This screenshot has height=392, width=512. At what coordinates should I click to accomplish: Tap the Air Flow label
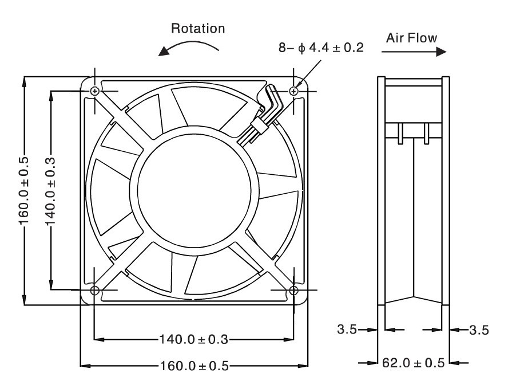pyautogui.click(x=411, y=38)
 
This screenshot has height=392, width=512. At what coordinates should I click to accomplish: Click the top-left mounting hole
pyautogui.click(x=95, y=91)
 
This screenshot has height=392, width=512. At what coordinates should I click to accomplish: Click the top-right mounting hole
pyautogui.click(x=294, y=91)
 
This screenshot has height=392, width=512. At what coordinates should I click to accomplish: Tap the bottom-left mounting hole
pyautogui.click(x=95, y=289)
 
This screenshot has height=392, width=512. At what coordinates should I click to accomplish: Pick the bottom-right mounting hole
pyautogui.click(x=294, y=289)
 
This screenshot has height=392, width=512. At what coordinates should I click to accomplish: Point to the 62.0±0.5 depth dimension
pyautogui.click(x=414, y=363)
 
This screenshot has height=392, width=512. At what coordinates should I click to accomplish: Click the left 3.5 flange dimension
pyautogui.click(x=348, y=330)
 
